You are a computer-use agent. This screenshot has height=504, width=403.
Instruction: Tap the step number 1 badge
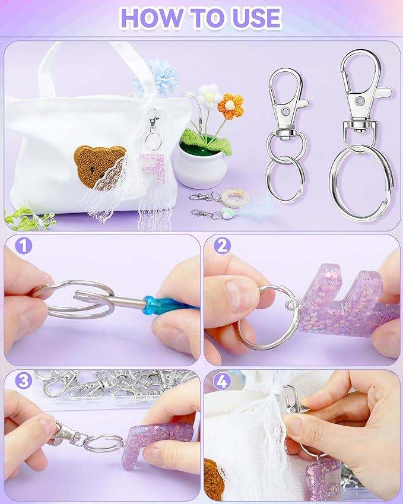pyautogui.click(x=24, y=246)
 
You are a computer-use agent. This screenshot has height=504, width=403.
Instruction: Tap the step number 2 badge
pyautogui.click(x=223, y=246)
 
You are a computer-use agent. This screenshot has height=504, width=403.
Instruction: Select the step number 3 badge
pyautogui.click(x=24, y=381)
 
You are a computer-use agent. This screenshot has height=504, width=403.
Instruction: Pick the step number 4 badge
pyautogui.click(x=223, y=382)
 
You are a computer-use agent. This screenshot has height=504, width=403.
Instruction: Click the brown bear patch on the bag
pyautogui.click(x=99, y=166)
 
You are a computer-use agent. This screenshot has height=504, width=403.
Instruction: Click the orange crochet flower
pyautogui.click(x=230, y=106)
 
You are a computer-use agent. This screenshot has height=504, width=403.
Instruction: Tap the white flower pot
pyautogui.click(x=200, y=167)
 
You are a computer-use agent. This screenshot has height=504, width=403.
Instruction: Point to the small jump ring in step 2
pyautogui.click(x=293, y=304)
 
